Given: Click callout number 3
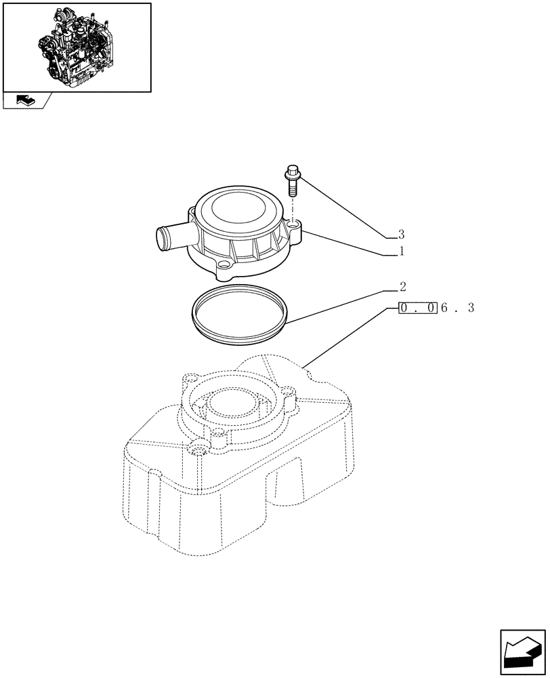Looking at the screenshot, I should coord(401,235).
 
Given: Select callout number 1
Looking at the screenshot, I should coord(401,252).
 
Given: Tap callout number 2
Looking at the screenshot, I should coord(401,287).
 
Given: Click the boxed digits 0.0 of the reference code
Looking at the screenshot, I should coord(418,308).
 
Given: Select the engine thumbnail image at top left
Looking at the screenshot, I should coord(77,46).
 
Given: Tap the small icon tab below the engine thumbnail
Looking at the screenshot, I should coord(24,101).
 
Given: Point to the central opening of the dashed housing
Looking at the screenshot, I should coord(232,407).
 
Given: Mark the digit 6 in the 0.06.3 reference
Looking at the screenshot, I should coord(445,308).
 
